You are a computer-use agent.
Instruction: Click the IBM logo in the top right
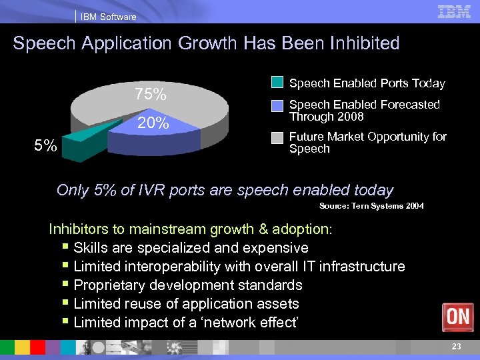pos(454,12)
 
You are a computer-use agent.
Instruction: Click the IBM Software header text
pos(108,17)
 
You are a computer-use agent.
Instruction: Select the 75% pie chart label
pos(150,95)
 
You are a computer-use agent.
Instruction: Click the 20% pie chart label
pos(153,123)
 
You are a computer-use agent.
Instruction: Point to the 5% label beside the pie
pos(46,145)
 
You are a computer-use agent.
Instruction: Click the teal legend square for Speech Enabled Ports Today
pos(277,83)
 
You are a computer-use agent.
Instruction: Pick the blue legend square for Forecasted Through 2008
pos(277,105)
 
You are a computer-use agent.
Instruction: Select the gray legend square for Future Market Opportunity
pos(277,137)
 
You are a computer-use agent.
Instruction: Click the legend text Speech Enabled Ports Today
pos(367,83)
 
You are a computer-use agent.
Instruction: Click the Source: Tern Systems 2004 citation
pos(371,206)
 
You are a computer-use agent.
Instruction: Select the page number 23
pos(456,346)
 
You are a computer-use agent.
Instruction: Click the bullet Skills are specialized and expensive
pos(191,248)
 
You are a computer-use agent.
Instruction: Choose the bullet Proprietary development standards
pos(188,285)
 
